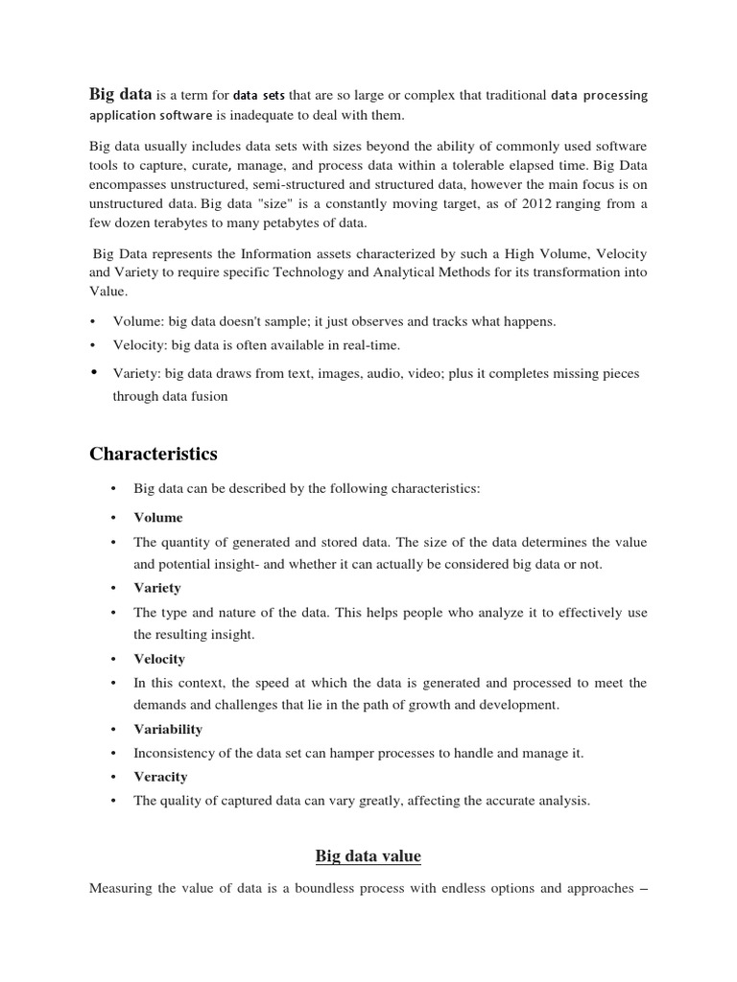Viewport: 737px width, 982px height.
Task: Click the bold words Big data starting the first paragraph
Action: (120, 94)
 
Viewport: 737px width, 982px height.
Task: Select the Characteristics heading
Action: (154, 454)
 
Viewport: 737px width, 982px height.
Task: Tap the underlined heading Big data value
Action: (368, 855)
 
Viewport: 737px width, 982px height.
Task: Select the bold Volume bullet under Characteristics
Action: (157, 517)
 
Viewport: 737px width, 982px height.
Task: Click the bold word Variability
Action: (168, 729)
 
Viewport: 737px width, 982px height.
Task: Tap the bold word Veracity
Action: (160, 776)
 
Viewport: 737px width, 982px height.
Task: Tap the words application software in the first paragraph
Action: (152, 116)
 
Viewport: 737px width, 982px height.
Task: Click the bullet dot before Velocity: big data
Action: (93, 345)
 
